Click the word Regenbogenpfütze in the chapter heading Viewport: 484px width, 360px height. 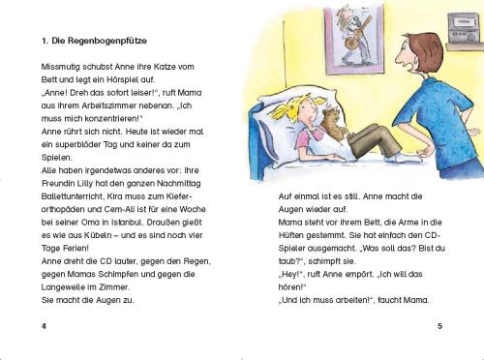103,42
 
